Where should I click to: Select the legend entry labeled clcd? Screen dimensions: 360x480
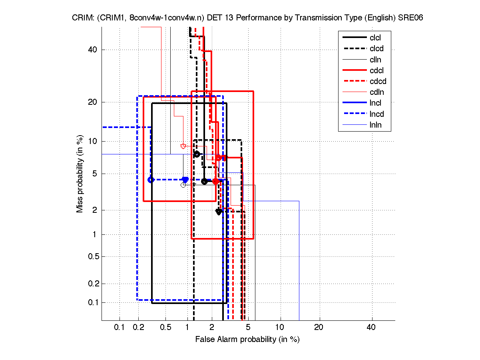(x=376, y=49)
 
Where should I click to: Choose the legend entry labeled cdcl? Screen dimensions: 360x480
(x=376, y=70)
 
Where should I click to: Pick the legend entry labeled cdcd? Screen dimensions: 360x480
(x=378, y=81)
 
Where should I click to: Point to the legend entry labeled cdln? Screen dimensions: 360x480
(x=376, y=92)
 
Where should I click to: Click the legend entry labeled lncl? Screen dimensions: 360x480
(x=376, y=103)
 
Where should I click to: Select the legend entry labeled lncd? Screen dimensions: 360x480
(x=377, y=114)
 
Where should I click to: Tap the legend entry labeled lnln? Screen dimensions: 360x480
(x=376, y=125)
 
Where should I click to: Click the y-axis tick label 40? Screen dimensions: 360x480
(x=93, y=50)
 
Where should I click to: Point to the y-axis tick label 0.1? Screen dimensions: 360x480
(x=92, y=302)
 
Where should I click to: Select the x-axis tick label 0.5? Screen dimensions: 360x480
(x=165, y=328)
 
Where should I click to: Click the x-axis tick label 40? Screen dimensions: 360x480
(x=371, y=328)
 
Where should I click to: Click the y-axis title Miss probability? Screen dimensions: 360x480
(x=80, y=174)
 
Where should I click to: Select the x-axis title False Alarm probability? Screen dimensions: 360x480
(x=247, y=340)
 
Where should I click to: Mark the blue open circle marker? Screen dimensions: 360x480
(x=151, y=180)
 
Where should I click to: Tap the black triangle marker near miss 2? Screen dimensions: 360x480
(x=219, y=212)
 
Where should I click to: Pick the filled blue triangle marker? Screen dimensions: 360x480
(x=185, y=180)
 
